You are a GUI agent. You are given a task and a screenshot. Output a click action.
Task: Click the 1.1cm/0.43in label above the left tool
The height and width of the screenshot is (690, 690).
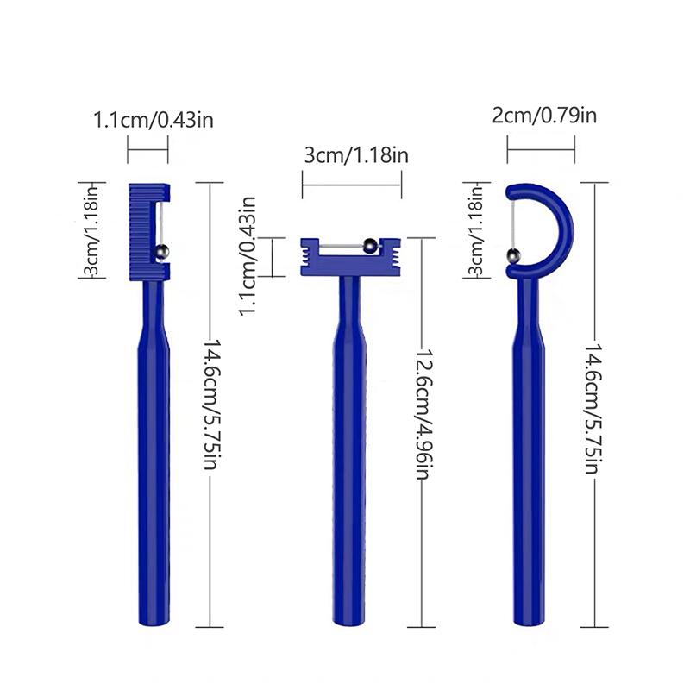(154, 120)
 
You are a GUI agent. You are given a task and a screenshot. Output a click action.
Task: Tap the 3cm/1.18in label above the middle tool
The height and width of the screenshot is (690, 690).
(356, 155)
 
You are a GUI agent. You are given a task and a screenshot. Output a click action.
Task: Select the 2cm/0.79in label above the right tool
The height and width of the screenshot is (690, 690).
(544, 116)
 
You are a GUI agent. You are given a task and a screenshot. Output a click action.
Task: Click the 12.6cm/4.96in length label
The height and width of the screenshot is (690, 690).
(425, 414)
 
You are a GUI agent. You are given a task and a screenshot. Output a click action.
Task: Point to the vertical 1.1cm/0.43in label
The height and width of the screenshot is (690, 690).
(248, 256)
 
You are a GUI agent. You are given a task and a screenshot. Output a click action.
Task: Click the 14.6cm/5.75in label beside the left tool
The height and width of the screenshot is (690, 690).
(212, 404)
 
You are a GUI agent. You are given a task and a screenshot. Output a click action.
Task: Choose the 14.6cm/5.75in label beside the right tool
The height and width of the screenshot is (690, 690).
(593, 409)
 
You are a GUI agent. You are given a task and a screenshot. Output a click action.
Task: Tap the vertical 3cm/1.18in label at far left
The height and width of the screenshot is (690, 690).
(91, 229)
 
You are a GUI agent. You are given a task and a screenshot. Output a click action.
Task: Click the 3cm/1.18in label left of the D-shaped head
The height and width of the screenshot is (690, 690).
(476, 229)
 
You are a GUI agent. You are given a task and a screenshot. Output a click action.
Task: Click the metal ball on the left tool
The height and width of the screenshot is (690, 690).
(161, 252)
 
